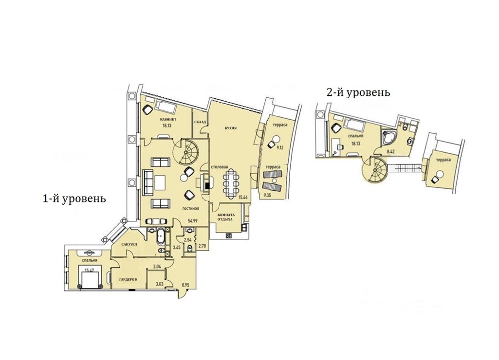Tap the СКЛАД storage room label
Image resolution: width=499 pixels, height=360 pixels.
200,122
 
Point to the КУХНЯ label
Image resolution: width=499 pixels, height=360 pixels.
231,128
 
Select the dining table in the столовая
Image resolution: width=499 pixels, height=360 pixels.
230,182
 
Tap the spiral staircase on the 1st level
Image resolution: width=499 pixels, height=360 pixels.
187,151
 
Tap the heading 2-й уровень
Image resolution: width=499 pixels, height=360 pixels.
358,92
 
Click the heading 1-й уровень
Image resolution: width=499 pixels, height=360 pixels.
74,198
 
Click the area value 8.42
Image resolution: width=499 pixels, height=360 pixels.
390,151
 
